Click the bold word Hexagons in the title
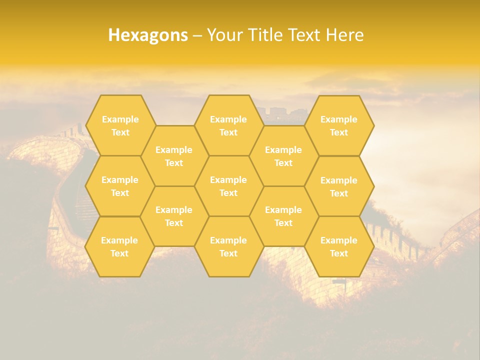148,35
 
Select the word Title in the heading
264,35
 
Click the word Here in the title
345,35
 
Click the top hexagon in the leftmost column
120,125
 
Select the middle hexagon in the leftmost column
120,186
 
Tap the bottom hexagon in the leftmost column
119,246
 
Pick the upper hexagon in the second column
174,156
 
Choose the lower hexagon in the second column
174,216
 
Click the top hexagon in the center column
228,125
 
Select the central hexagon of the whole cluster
228,186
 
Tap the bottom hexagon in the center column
228,246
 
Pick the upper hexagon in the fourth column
283,156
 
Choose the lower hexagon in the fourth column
283,216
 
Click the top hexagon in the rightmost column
339,125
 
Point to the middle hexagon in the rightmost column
339,186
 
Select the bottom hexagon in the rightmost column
339,246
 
